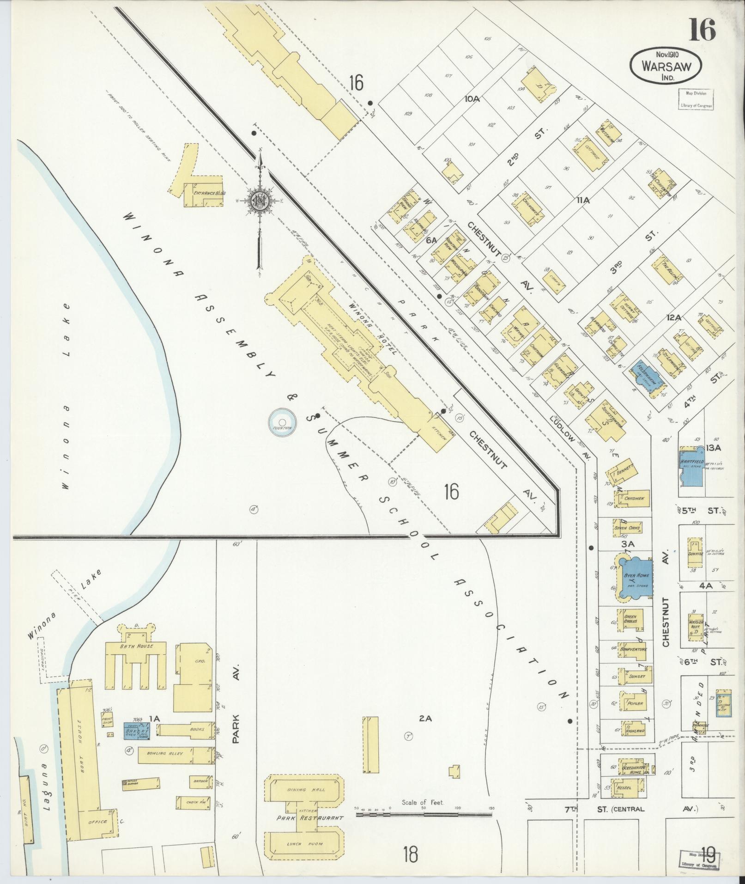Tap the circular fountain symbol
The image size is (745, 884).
coord(282,421)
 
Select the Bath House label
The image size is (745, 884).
coord(136,646)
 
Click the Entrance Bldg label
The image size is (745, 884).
coord(209,193)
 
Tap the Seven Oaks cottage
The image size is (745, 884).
coord(626,527)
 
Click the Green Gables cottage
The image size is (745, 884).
coord(630,619)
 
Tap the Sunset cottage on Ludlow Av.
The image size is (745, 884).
coord(637,676)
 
